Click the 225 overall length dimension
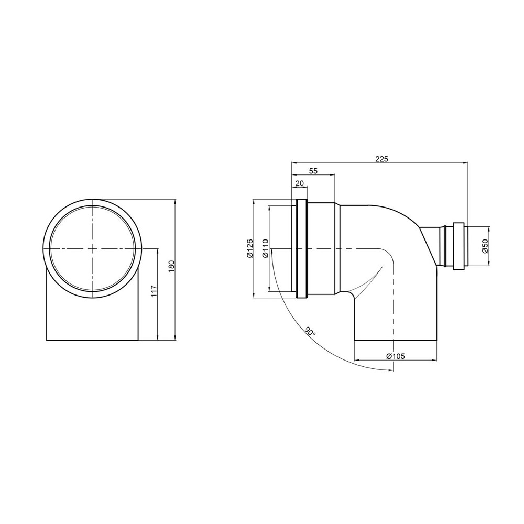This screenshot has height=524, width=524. (x=381, y=159)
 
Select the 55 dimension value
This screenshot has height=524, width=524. (x=313, y=171)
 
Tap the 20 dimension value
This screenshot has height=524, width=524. (x=299, y=183)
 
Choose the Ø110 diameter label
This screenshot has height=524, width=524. (x=265, y=248)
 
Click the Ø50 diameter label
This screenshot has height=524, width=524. (x=485, y=246)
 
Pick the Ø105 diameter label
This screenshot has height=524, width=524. (x=395, y=356)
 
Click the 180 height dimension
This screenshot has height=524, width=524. (x=172, y=266)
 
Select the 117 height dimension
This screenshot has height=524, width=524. (x=154, y=291)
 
